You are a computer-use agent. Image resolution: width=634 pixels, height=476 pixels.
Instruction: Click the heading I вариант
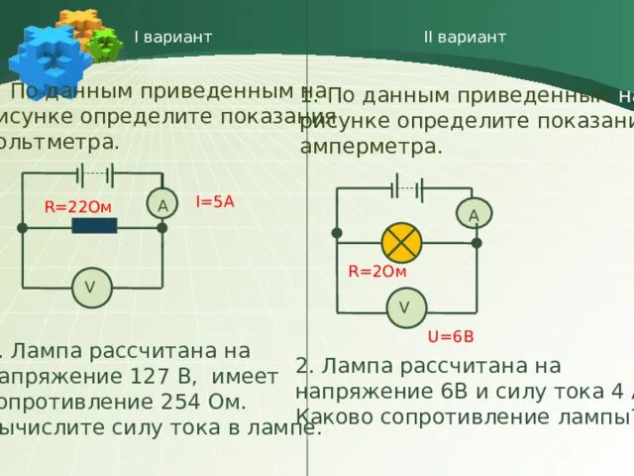(173, 37)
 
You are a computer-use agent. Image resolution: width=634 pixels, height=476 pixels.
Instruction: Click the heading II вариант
(465, 37)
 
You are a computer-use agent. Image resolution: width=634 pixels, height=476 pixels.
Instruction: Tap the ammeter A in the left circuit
(160, 204)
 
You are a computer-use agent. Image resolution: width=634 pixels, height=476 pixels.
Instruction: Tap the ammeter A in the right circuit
(474, 215)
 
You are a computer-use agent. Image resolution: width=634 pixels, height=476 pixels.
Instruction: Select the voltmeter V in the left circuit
(90, 288)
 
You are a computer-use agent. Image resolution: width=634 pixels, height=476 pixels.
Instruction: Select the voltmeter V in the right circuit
(404, 307)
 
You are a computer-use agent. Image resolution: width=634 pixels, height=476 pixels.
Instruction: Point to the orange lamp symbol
(402, 243)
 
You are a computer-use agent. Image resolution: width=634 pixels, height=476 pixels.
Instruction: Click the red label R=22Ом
(78, 206)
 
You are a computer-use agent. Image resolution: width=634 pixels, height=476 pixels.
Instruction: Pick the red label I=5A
(215, 200)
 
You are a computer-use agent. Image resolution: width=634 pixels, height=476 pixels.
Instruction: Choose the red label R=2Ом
(377, 272)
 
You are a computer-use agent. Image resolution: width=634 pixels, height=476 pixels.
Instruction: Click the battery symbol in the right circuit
(406, 188)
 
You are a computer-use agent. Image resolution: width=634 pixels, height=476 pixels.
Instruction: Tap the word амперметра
(370, 146)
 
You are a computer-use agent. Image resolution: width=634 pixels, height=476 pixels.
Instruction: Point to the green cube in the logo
(103, 44)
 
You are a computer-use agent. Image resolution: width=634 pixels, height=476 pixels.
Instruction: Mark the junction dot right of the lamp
(476, 243)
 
